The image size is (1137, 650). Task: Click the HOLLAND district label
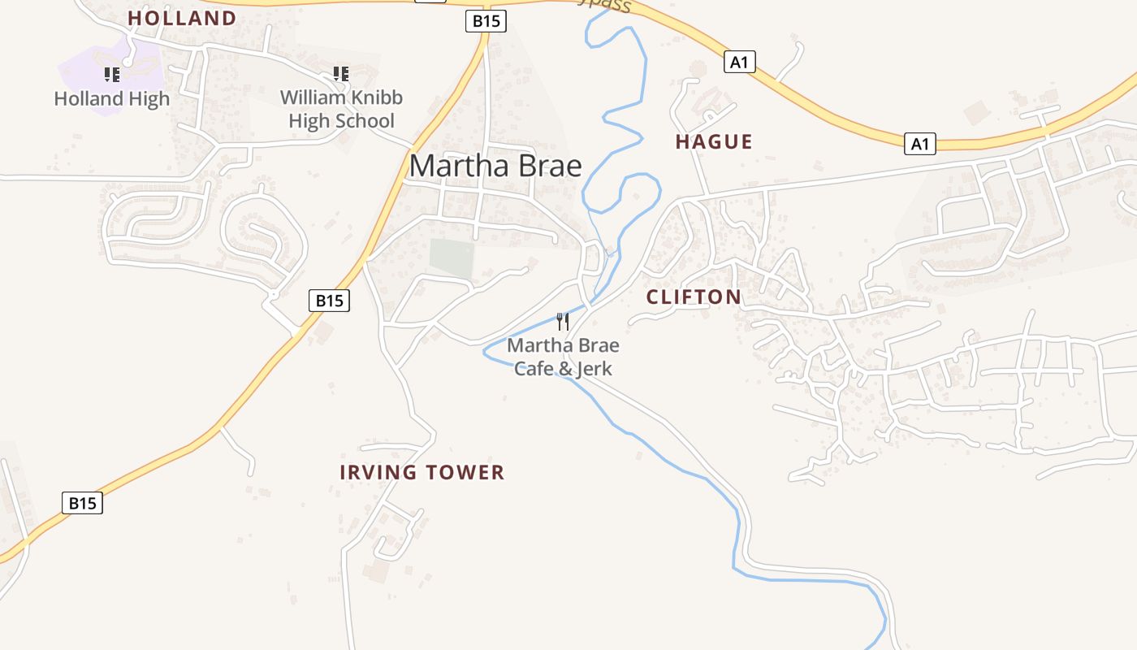tap(182, 18)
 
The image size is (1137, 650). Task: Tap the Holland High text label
tap(112, 99)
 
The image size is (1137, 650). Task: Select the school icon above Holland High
tap(112, 75)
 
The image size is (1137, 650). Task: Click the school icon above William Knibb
tap(341, 74)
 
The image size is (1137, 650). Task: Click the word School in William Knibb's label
tap(365, 121)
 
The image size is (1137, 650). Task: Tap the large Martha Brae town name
tap(495, 166)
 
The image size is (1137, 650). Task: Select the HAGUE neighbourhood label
tap(714, 141)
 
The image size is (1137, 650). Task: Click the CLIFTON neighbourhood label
tap(694, 297)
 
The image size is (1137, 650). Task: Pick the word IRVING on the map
tap(373, 472)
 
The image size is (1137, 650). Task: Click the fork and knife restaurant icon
tap(562, 321)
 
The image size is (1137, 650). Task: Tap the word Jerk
tap(594, 369)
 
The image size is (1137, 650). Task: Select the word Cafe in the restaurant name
tap(533, 369)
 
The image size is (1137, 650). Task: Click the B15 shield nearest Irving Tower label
tap(329, 301)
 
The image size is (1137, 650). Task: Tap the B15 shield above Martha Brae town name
tap(486, 21)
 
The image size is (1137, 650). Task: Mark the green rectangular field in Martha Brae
tap(452, 258)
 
